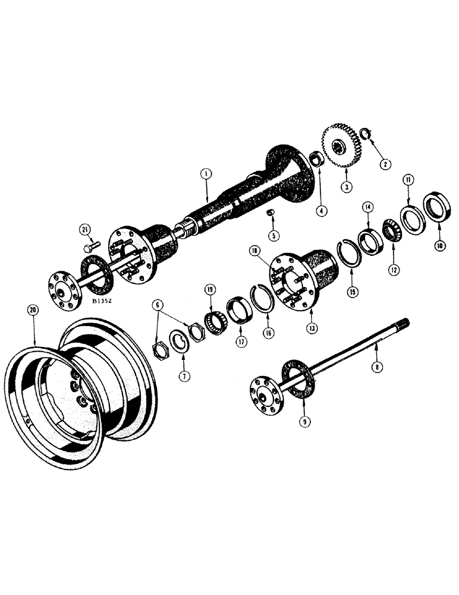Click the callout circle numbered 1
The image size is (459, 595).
[x=205, y=173]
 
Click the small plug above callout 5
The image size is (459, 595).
[x=270, y=213]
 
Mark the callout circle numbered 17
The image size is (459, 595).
[x=240, y=342]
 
